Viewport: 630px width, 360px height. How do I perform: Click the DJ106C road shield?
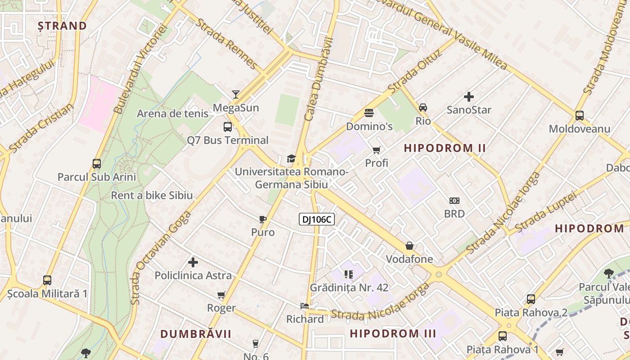317,219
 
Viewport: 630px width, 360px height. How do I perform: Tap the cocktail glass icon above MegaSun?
236,94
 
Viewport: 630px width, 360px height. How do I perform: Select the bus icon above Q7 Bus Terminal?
228,127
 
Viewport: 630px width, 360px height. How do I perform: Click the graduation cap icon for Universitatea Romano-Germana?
291,158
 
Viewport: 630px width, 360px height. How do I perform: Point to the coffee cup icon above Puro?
263,219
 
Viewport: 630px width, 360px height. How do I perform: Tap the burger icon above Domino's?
369,112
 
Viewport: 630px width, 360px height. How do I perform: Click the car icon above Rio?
423,108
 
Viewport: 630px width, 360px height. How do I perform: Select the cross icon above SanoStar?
469,96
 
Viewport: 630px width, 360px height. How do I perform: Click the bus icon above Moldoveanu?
580,116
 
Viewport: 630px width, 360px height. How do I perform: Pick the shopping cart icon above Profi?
376,150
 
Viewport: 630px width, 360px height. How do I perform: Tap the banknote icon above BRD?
454,201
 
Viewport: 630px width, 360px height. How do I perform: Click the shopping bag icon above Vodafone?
409,246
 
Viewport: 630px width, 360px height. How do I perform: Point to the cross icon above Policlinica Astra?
193,262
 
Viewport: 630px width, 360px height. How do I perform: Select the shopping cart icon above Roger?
221,295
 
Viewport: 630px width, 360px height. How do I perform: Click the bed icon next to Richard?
305,306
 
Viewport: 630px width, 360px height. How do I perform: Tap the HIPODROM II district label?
445,148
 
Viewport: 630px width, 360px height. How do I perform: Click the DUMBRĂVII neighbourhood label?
196,334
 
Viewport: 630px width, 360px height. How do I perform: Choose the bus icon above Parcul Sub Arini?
97,163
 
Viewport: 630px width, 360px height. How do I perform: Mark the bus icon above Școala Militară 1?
47,280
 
